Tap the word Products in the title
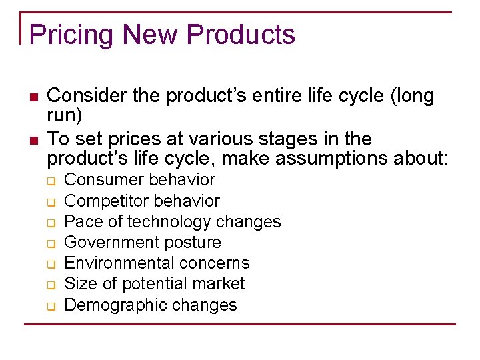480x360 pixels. coord(241,34)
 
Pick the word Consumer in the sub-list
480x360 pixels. coord(104,180)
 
